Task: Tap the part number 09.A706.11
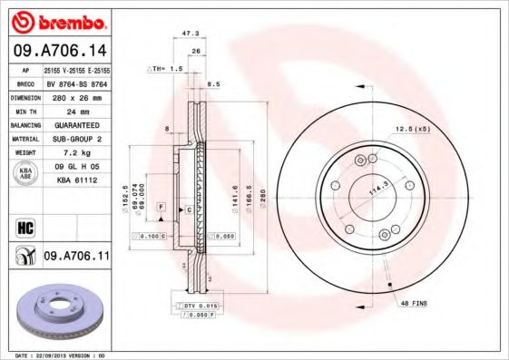coord(76,257)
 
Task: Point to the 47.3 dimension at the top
coord(190,33)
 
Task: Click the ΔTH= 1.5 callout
coord(165,69)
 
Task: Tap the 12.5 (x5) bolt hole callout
coord(412,128)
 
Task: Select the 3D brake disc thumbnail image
coord(58,313)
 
